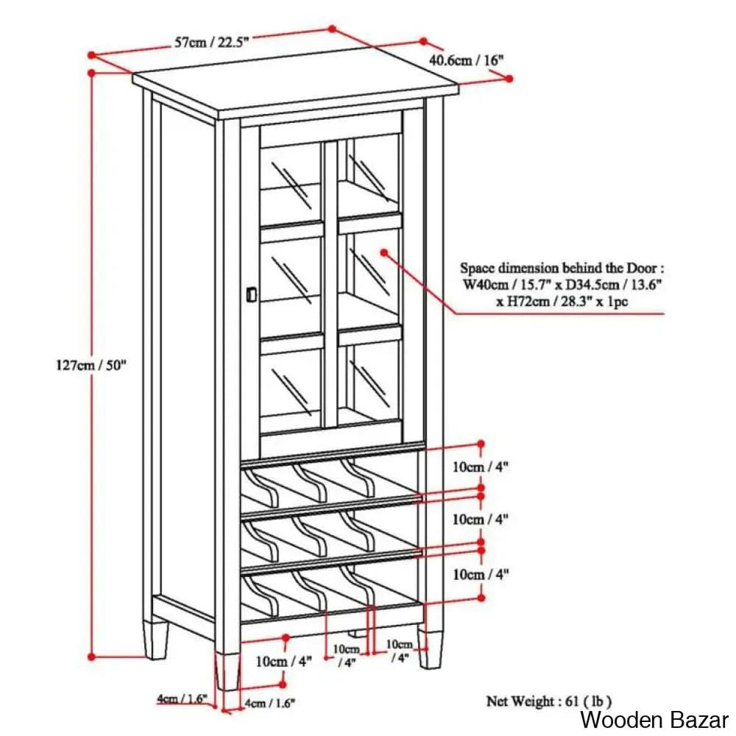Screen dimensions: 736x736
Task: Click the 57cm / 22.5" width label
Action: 212,42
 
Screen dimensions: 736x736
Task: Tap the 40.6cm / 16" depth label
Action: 470,60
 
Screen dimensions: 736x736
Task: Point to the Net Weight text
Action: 548,701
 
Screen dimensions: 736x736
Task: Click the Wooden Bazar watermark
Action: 654,719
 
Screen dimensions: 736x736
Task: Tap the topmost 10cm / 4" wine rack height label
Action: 481,466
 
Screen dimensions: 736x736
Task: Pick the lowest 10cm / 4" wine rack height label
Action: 481,573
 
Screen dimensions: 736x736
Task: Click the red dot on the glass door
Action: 384,252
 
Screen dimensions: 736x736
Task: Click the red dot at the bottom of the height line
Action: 92,656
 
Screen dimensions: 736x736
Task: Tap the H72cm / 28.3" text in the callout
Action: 526,301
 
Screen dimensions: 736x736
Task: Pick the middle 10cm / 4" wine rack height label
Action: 481,520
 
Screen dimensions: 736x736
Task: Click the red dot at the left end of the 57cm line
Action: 92,54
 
